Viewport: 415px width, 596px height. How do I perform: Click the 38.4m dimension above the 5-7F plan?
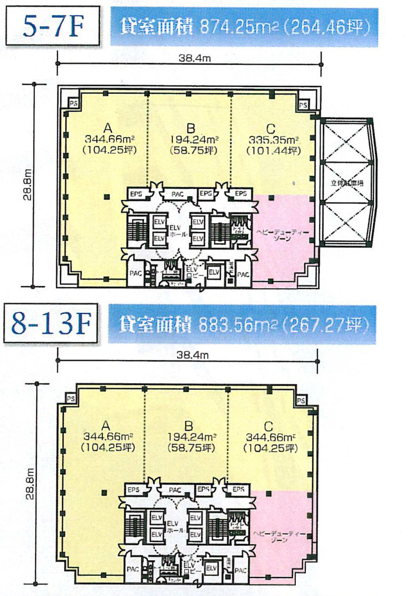pos(188,58)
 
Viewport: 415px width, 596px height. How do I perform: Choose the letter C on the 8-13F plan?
pos(269,426)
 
